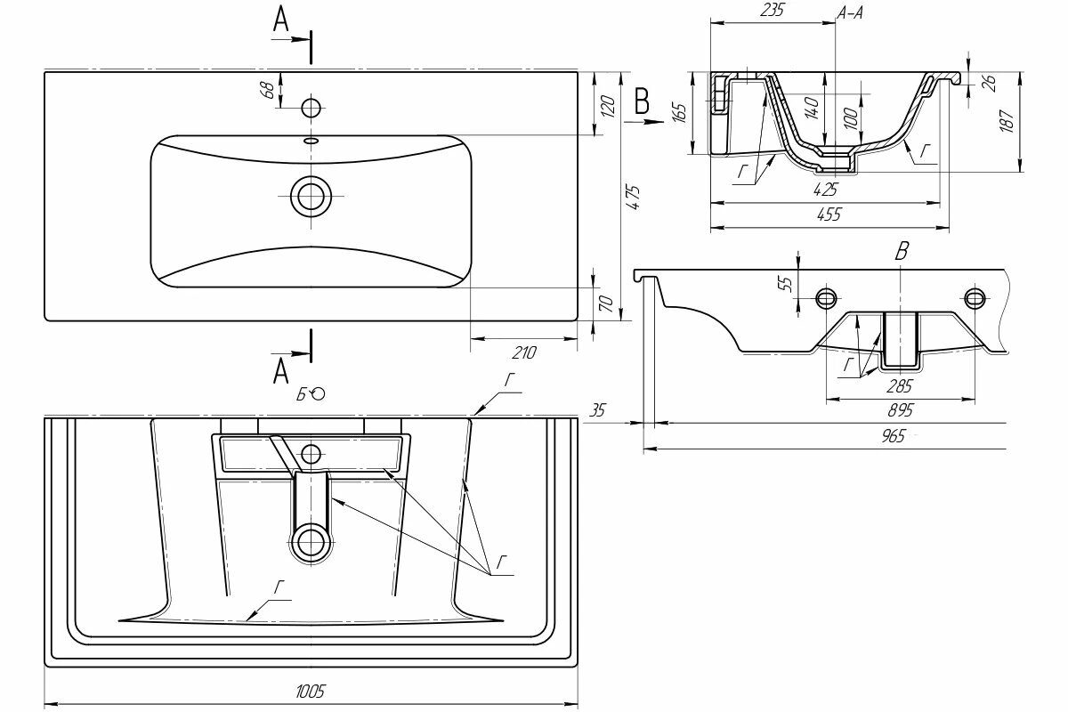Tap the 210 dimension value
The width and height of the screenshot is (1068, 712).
524,352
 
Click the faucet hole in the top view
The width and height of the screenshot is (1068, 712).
311,108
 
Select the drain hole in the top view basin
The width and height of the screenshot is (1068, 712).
311,195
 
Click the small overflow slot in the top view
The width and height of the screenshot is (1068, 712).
311,141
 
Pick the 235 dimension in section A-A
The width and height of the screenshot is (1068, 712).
772,11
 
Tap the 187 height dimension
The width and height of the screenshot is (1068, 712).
1007,120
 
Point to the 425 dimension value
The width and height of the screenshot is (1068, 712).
825,189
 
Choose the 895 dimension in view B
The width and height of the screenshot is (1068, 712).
901,411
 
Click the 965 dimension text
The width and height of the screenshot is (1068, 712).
894,436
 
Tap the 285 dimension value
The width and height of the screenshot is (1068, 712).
901,386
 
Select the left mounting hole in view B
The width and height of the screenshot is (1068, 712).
827,296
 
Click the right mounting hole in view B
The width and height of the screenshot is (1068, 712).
976,296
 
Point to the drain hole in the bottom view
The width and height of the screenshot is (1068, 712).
311,540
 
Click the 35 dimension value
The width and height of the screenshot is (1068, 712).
597,410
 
